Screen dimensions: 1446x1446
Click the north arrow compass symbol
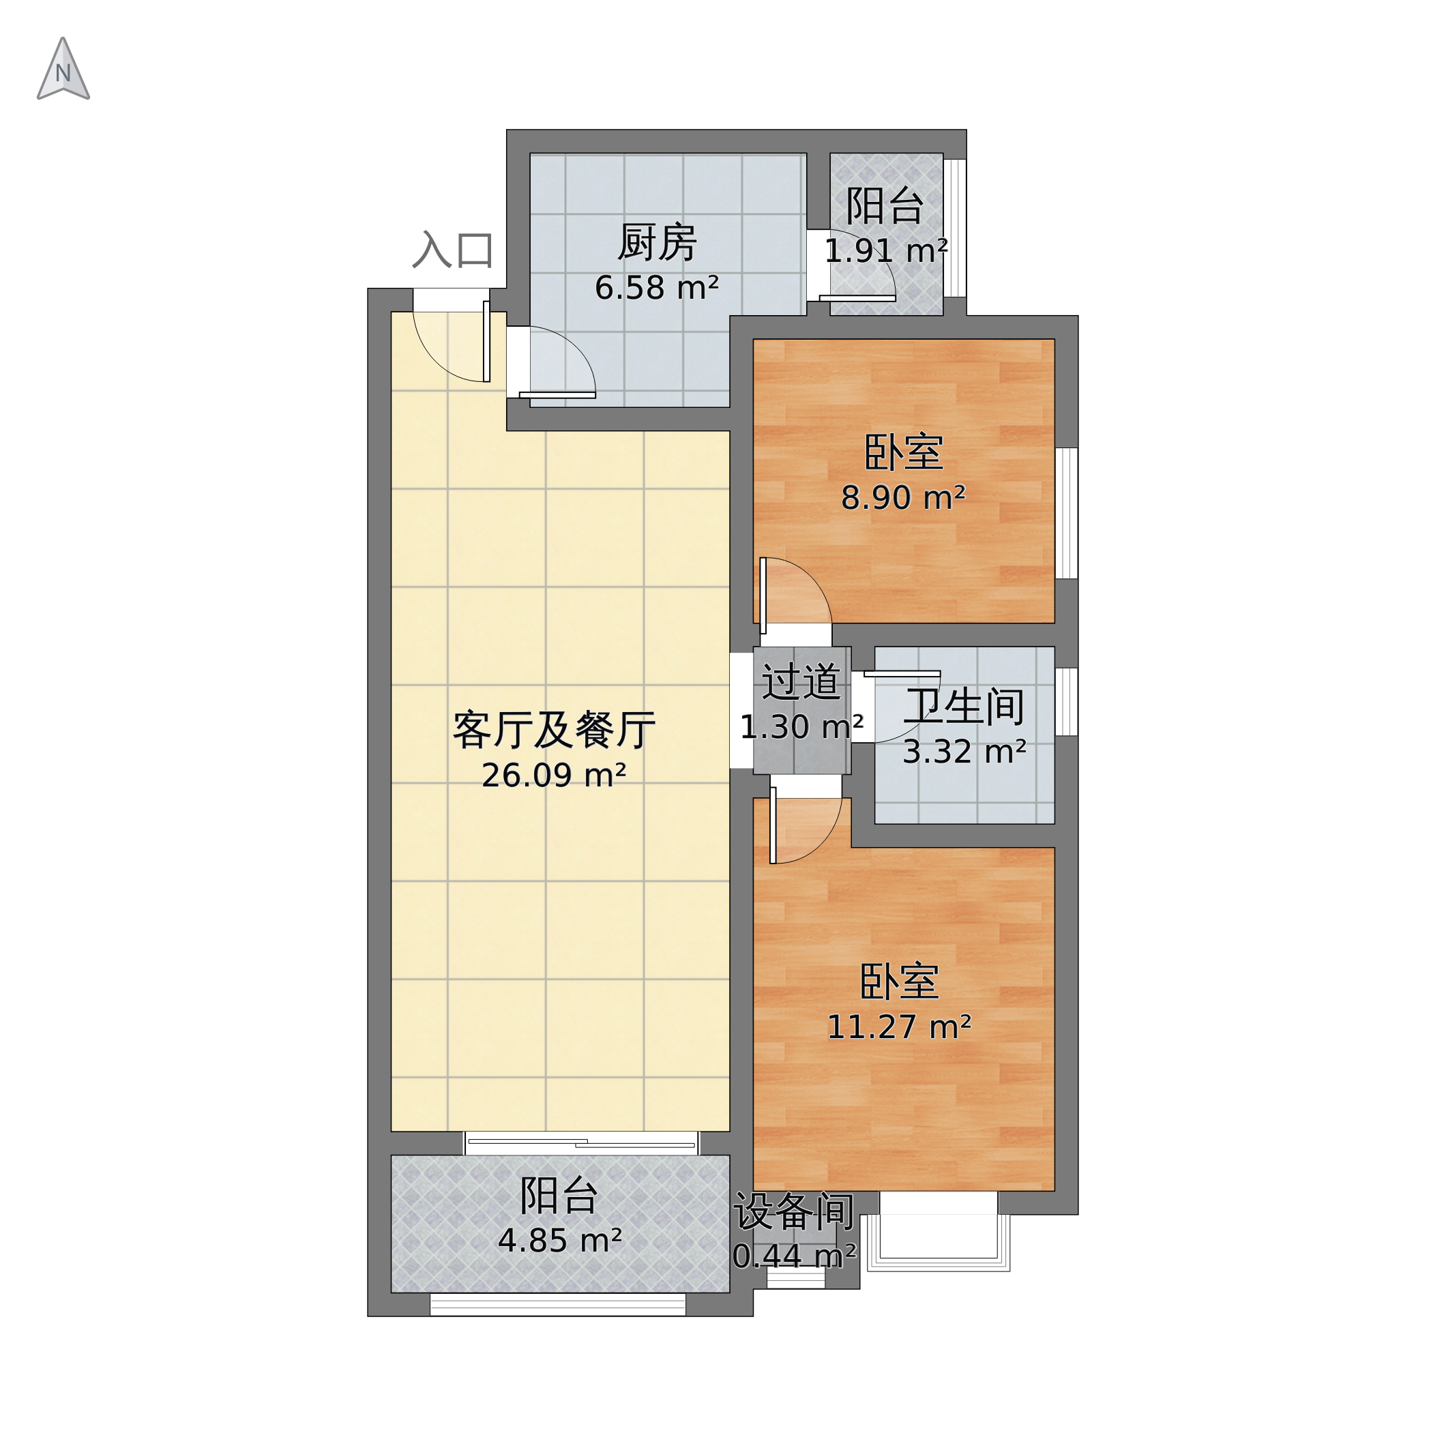(63, 70)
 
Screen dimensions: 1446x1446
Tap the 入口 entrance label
(452, 250)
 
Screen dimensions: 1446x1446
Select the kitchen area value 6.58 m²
(656, 288)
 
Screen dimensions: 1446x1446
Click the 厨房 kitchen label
(656, 244)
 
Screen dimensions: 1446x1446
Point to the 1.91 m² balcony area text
(885, 252)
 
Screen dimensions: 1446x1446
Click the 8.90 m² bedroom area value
(902, 498)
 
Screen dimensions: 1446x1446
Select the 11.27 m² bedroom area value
(898, 1027)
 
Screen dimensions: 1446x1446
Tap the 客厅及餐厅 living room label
(553, 731)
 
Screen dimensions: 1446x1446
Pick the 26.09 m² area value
(553, 776)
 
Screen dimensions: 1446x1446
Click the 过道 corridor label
(800, 682)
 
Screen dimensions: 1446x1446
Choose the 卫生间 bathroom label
(964, 707)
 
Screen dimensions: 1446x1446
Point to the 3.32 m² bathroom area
(963, 752)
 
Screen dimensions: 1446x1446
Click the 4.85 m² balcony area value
(559, 1241)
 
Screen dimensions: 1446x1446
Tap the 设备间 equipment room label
(793, 1212)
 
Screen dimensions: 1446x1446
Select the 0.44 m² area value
(793, 1256)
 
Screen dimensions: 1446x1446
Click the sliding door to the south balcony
(582, 1143)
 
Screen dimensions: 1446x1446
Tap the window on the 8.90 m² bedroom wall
(1066, 513)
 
